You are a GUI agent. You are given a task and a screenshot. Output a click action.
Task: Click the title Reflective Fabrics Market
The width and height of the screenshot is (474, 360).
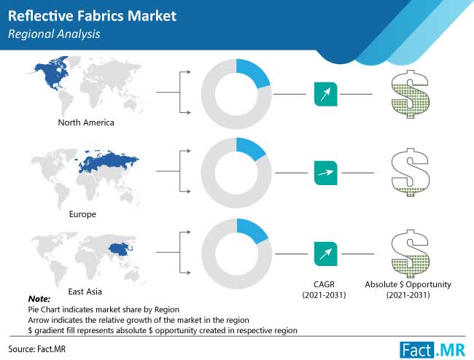(x=92, y=16)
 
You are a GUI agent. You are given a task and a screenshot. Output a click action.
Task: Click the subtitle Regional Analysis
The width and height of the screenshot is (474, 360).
(x=54, y=34)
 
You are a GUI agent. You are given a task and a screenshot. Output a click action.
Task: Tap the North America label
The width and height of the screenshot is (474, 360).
(x=86, y=122)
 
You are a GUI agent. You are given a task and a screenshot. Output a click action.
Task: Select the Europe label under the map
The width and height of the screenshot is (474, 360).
(x=82, y=214)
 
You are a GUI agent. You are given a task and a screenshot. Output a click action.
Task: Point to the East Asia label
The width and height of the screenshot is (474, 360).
(x=85, y=291)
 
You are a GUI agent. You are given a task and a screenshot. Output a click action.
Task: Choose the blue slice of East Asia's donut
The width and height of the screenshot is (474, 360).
(x=252, y=230)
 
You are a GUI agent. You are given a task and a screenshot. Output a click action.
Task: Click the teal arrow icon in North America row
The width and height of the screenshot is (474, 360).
(x=325, y=94)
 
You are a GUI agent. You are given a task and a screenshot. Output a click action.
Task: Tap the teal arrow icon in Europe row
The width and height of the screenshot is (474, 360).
(x=325, y=173)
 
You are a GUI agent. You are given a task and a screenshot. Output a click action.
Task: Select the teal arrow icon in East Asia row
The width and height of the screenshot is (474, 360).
(x=325, y=254)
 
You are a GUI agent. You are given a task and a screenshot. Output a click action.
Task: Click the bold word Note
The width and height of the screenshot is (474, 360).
(x=39, y=299)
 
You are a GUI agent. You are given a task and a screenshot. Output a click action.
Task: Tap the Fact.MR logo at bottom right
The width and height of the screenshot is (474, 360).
(x=432, y=350)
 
